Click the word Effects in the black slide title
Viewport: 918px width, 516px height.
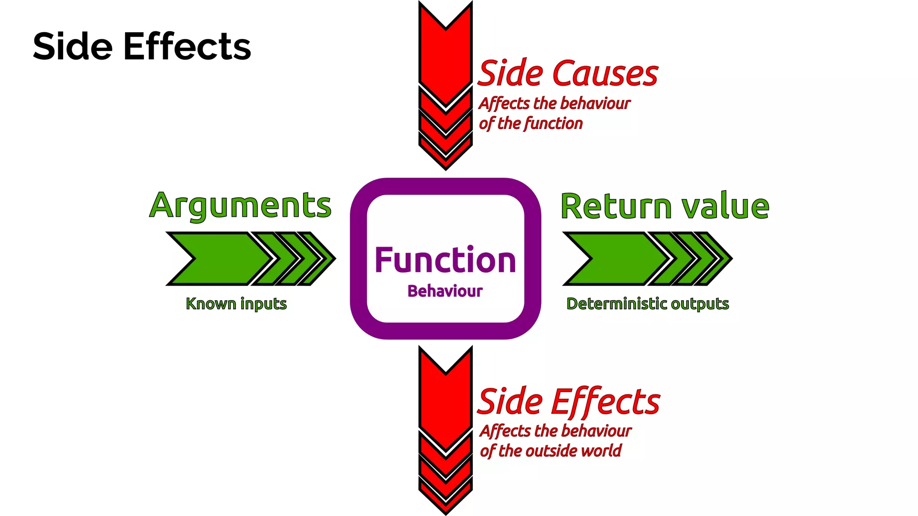[187, 47]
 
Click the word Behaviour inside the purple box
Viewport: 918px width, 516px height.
[445, 291]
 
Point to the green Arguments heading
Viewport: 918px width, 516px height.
[240, 206]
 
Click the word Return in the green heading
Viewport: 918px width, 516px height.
[616, 206]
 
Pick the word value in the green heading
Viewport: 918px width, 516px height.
[725, 206]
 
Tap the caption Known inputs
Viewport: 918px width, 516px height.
[236, 304]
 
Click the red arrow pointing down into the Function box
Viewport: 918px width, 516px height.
[446, 67]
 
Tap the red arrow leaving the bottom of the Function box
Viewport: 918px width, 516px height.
[446, 412]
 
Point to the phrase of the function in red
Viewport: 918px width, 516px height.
[531, 123]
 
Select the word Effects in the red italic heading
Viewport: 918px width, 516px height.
[606, 401]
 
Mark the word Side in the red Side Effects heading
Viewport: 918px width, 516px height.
[511, 401]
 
